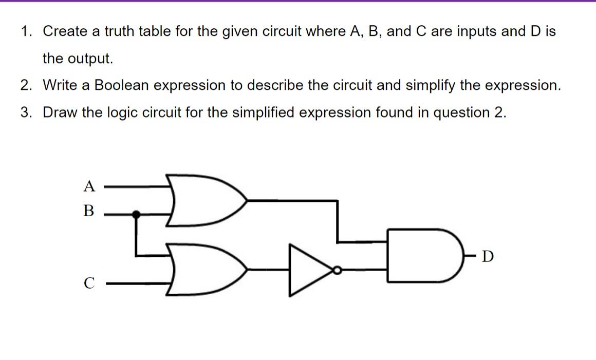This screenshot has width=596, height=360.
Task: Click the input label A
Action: [89, 186]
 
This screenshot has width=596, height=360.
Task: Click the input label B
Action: [89, 211]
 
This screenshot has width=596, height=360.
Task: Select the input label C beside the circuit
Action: [89, 283]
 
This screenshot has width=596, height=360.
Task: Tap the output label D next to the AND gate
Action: [488, 256]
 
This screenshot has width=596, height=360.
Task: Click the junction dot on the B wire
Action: [136, 214]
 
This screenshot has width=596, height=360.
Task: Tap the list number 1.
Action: [26, 32]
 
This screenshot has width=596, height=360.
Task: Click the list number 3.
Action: [26, 112]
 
